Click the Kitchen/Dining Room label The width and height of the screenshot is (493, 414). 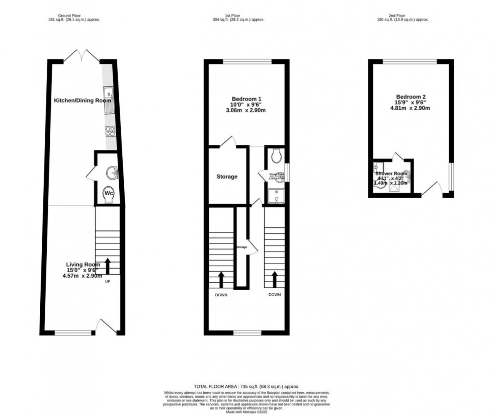[x=83, y=101]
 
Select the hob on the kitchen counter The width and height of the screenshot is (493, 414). [x=110, y=131]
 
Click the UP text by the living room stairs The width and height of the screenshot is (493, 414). [x=107, y=281]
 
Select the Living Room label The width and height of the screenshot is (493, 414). [x=83, y=265]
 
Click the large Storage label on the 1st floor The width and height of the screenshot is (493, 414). [x=227, y=177]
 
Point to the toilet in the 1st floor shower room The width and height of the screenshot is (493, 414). [x=276, y=156]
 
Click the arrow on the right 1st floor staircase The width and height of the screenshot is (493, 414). [x=275, y=278]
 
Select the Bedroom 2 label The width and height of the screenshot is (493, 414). [x=411, y=97]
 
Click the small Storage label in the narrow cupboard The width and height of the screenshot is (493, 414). [x=242, y=247]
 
